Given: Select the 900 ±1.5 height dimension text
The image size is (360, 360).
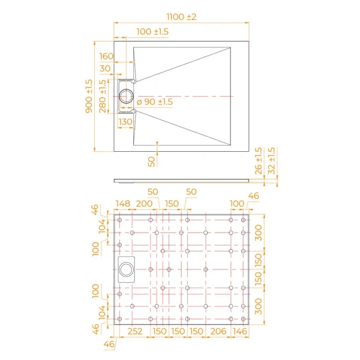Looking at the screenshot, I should [x=89, y=95].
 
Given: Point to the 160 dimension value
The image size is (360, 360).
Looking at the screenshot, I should [x=106, y=56].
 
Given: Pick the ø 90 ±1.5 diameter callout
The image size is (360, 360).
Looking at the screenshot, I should [x=154, y=102].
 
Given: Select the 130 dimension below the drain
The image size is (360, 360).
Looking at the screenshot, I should [x=125, y=122].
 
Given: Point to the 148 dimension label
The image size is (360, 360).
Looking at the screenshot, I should [x=122, y=204].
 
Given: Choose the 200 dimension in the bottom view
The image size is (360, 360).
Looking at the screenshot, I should [x=144, y=204].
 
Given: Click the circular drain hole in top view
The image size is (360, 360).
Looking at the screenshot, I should [x=127, y=96].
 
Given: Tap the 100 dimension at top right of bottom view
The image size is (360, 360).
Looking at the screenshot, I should [x=237, y=204].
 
